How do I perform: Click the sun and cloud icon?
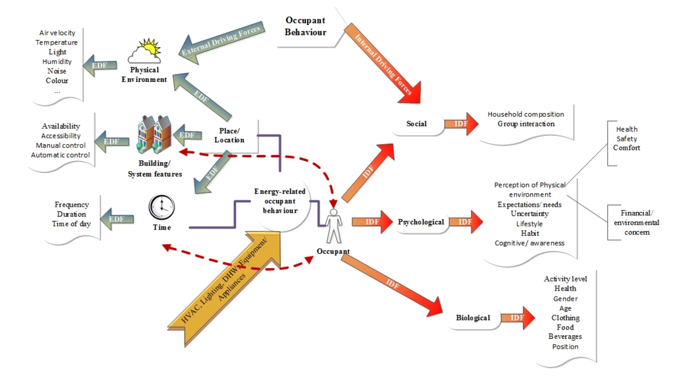coord(145,51)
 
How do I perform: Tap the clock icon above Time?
coord(162,207)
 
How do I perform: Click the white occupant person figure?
coord(334,226)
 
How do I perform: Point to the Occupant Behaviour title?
coord(305,26)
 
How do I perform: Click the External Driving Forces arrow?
coord(220,41)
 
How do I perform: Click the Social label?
coord(416,124)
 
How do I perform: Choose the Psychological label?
coord(421,222)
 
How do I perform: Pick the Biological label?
coord(473,318)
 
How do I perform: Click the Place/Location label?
coord(229,135)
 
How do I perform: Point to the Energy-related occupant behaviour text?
coord(280,201)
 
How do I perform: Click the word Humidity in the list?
coord(57,61)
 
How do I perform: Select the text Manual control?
coord(61,145)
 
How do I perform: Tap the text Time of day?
coord(71,224)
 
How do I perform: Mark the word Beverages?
coord(565,336)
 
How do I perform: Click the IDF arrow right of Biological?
coord(518,318)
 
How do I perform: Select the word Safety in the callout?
coord(627,139)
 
